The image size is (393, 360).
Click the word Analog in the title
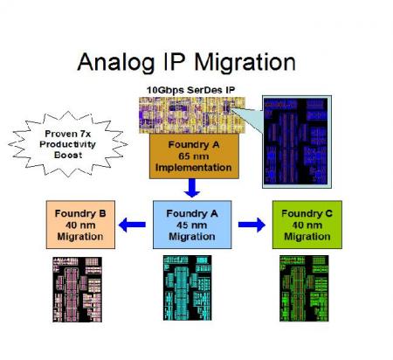pyautogui.click(x=115, y=62)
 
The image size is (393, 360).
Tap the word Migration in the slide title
pyautogui.click(x=245, y=62)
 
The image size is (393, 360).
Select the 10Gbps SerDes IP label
pyautogui.click(x=190, y=90)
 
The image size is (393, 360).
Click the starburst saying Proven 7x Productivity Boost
pyautogui.click(x=68, y=144)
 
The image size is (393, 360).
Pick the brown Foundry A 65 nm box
pyautogui.click(x=194, y=156)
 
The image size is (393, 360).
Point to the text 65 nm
pyautogui.click(x=194, y=156)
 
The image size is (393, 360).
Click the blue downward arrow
pyautogui.click(x=192, y=188)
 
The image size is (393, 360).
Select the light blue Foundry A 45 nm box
pyautogui.click(x=192, y=225)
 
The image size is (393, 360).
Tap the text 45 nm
pyautogui.click(x=192, y=225)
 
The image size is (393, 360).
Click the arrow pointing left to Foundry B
pyautogui.click(x=132, y=225)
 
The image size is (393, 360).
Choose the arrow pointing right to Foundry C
pyautogui.click(x=252, y=225)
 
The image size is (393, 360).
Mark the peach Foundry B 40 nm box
pyautogui.click(x=80, y=225)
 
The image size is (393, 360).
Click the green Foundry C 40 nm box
pyautogui.click(x=307, y=225)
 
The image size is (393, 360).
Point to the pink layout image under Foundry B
pyautogui.click(x=77, y=289)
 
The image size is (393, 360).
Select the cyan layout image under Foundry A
pyautogui.click(x=188, y=288)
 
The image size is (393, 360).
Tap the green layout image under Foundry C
pyautogui.click(x=304, y=288)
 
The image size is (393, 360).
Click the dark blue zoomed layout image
pyautogui.click(x=297, y=142)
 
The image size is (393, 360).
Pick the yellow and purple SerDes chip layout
pyautogui.click(x=192, y=115)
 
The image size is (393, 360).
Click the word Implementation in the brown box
pyautogui.click(x=194, y=168)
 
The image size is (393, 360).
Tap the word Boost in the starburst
pyautogui.click(x=68, y=155)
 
